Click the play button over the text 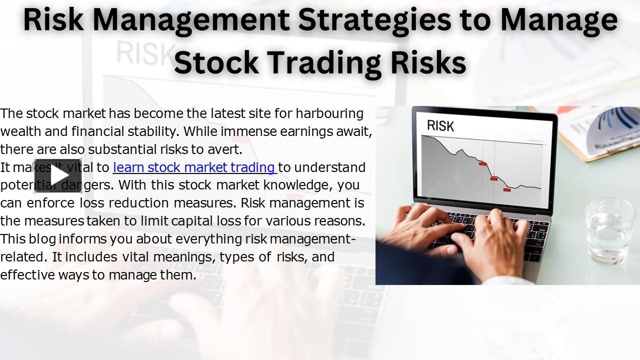tap(57, 175)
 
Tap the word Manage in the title tap(559, 20)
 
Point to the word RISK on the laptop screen tap(440, 125)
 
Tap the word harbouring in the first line tap(329, 113)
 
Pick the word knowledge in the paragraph tap(294, 185)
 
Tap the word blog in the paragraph tap(42, 239)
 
